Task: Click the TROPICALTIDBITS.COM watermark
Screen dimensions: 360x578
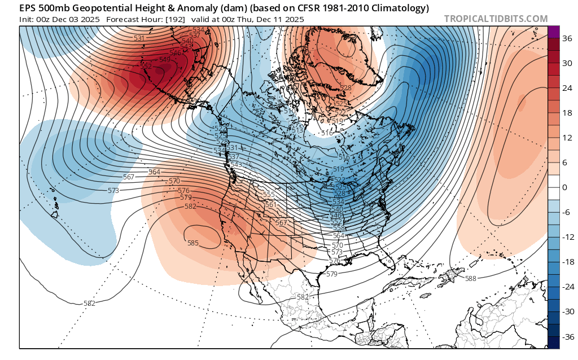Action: click(x=496, y=19)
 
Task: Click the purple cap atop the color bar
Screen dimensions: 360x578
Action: click(x=553, y=32)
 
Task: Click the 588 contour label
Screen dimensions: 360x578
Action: click(x=470, y=278)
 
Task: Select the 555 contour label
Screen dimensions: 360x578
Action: click(x=269, y=194)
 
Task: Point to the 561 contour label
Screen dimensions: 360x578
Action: click(x=270, y=205)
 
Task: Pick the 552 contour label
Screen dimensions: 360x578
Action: click(x=146, y=66)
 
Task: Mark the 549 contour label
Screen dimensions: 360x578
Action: click(x=165, y=59)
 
